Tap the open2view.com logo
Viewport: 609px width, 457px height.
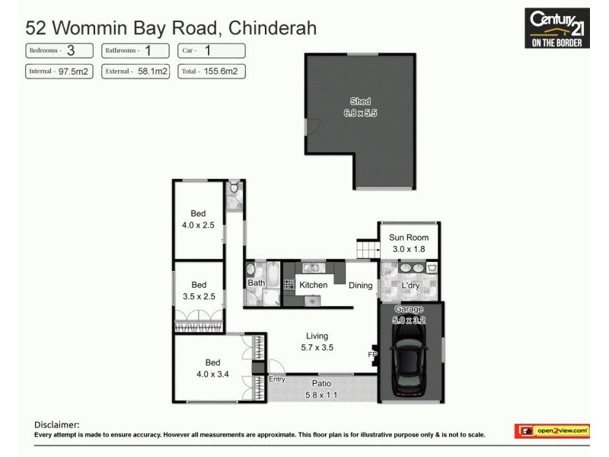coord(553,431)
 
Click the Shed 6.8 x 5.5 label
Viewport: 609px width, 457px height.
coord(360,107)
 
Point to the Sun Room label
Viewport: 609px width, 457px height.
coord(409,243)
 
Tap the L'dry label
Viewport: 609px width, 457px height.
coord(410,286)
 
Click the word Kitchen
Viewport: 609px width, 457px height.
coord(313,286)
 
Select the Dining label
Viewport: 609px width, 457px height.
coord(361,286)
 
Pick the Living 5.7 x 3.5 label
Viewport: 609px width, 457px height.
coord(317,341)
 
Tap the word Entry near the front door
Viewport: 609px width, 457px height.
coord(277,379)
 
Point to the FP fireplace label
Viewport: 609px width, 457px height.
coord(372,355)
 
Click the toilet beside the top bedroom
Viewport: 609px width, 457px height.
coord(234,188)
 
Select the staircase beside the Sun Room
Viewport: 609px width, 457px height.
coord(368,248)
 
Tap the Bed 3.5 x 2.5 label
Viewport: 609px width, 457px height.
coord(199,290)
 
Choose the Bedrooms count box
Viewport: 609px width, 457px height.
coord(59,51)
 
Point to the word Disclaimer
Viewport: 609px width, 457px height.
coord(56,424)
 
